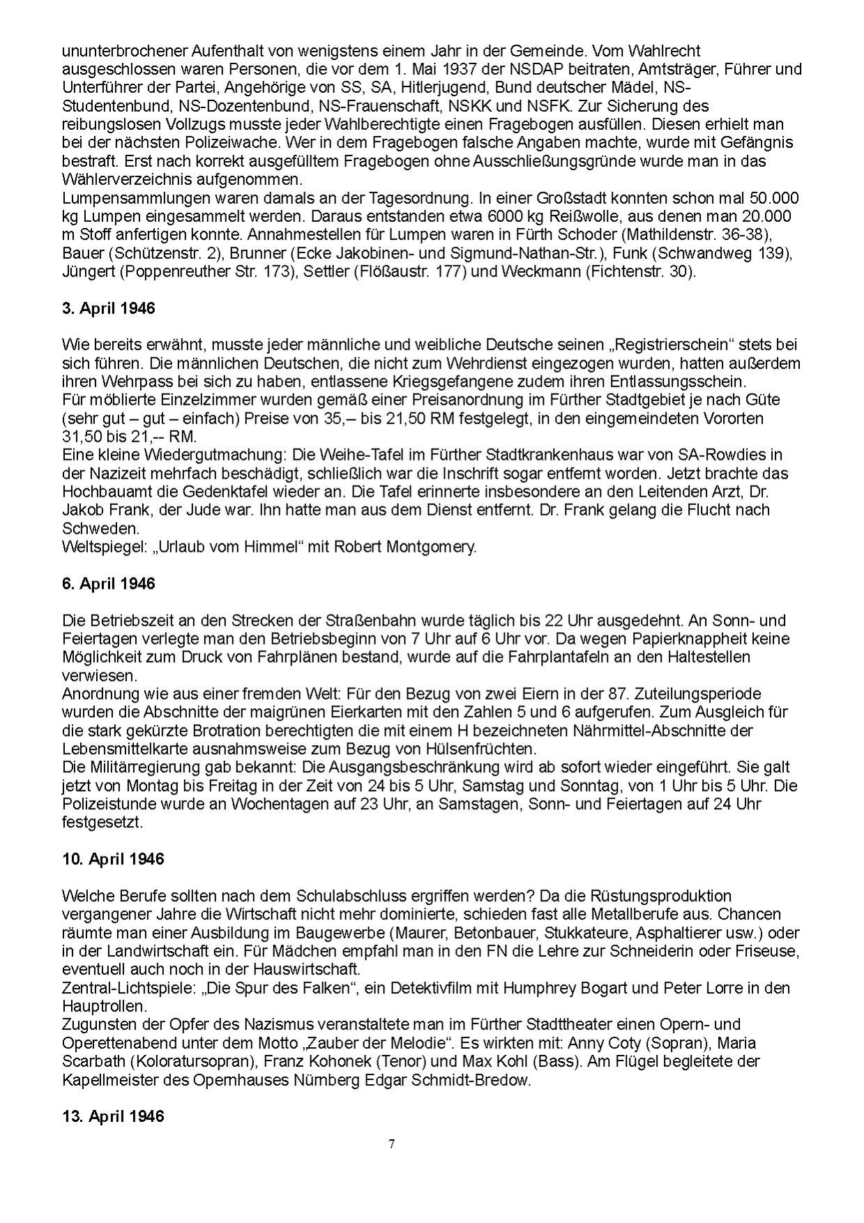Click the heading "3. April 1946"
coord(108,308)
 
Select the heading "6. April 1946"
coord(108,583)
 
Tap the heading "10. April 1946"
coord(113,858)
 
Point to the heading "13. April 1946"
coord(113,1116)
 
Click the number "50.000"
coord(771,197)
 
